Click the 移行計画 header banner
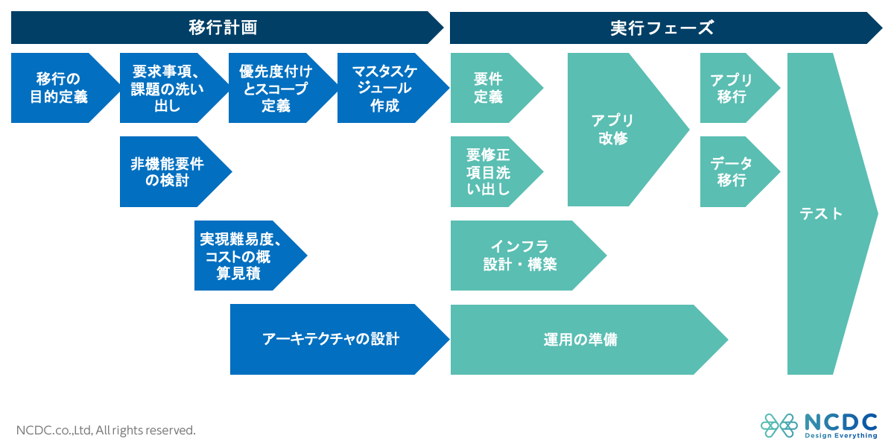coord(223,28)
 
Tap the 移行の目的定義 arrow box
coord(60,88)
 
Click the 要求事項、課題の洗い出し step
coord(168,88)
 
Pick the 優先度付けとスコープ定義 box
coord(276,88)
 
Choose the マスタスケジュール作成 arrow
coord(386,88)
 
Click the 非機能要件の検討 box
coord(168,171)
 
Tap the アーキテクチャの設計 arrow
coord(331,339)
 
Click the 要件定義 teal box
coord(489,88)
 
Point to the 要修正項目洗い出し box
coord(489,171)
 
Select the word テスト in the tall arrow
coord(821,214)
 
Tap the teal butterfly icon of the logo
coord(779,425)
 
